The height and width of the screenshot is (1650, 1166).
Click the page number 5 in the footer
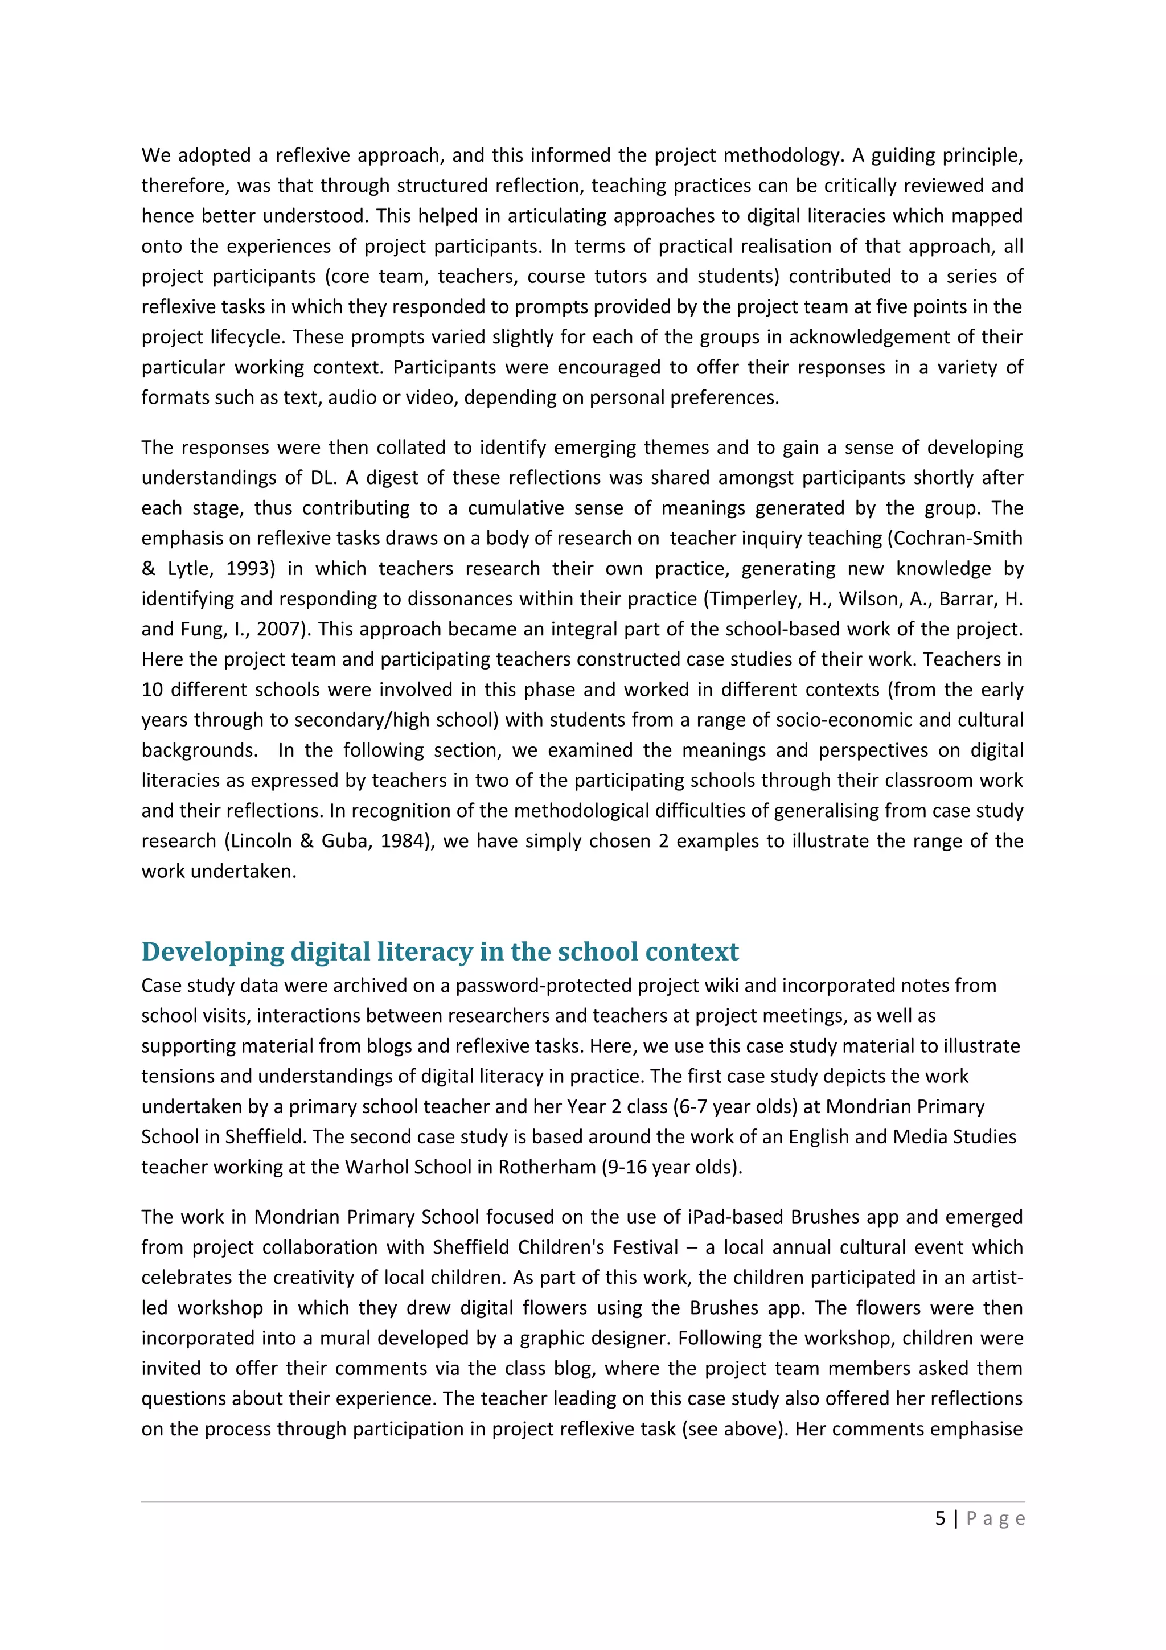[x=940, y=1518]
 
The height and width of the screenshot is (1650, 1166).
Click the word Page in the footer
[x=995, y=1519]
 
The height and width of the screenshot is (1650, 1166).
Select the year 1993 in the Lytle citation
[x=250, y=568]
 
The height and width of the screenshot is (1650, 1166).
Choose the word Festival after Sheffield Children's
[x=644, y=1247]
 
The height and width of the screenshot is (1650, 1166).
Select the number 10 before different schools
[x=153, y=690]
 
